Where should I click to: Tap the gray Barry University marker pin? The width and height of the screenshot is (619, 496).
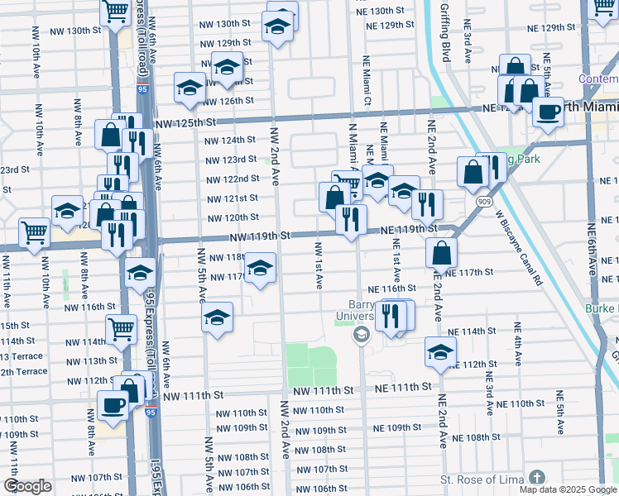click(361, 334)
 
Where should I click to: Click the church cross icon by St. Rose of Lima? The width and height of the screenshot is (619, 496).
click(537, 478)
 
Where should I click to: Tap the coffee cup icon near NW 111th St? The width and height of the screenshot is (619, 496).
click(113, 405)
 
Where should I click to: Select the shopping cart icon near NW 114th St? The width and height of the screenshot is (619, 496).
click(122, 328)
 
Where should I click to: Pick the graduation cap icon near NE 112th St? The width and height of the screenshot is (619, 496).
click(440, 351)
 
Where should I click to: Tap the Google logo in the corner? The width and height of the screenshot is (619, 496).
click(28, 485)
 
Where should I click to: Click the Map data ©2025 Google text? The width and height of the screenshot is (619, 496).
click(568, 489)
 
